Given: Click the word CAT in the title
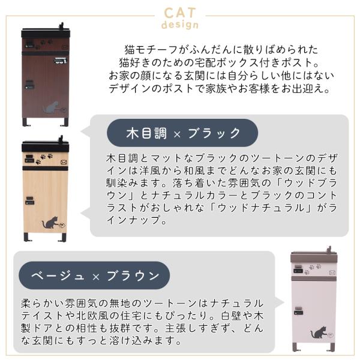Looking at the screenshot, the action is coord(180,13).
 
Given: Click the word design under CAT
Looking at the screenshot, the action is coord(180,25).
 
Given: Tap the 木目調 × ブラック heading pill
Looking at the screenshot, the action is coord(182,133).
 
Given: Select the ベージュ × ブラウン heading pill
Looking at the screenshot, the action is coord(94,275).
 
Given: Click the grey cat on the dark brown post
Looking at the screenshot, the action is coord(51,107).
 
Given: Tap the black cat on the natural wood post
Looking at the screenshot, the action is coord(50,223).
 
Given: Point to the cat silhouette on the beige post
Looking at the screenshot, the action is coord(319,332).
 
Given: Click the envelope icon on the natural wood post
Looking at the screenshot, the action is coord(64,163).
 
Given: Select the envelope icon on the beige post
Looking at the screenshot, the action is coord(332,272).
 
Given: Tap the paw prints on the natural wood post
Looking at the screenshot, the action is coord(44,158).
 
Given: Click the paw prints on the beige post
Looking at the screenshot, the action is coord(313,269).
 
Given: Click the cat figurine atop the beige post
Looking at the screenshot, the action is coord(329,248).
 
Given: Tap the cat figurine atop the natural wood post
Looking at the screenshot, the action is coord(61,139).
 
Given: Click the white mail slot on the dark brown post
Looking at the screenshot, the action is coord(61,61).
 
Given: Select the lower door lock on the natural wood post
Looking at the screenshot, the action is coord(29,200).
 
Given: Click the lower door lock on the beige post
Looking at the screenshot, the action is coord(298,311).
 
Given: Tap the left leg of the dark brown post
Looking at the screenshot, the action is coord(25,122).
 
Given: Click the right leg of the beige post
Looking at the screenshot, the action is coord(332,347).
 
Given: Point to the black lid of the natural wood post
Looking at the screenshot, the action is coord(45,146).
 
